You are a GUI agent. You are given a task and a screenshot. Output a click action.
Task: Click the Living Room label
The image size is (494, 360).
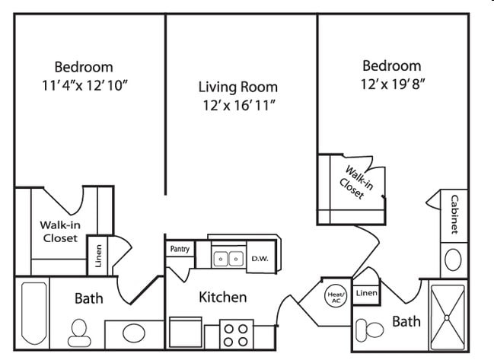237,87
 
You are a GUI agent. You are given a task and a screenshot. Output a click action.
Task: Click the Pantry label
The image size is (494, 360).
180,249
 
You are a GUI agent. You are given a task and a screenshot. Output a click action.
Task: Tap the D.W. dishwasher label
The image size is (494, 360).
259,259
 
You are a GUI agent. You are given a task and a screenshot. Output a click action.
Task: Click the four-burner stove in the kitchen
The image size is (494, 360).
236,334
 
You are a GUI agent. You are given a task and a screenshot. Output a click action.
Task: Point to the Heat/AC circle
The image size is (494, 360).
336,296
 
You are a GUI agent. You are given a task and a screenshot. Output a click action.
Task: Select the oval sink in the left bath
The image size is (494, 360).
134,333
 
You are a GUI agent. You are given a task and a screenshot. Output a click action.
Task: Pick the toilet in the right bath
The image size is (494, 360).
372,330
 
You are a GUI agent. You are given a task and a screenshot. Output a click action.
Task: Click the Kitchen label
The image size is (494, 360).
222,297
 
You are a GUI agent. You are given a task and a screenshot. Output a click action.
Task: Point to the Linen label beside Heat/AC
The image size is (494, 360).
366,293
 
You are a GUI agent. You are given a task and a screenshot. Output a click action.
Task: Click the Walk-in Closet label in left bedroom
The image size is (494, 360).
59,231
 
